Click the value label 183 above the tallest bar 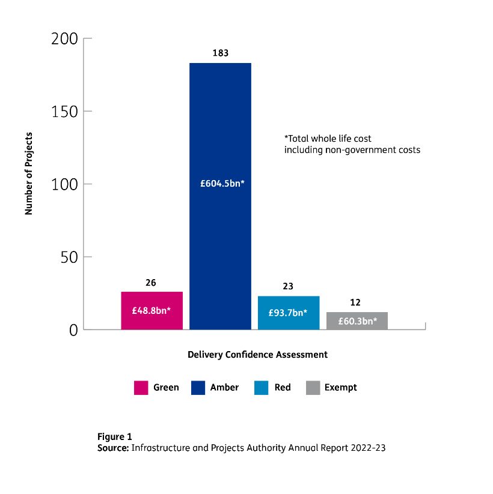click(x=220, y=53)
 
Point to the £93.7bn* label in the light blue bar click(x=288, y=313)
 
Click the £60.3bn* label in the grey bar click(x=357, y=321)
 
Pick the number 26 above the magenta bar click(x=152, y=282)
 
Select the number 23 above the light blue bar click(x=288, y=286)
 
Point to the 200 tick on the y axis click(x=65, y=39)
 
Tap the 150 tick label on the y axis click(x=65, y=112)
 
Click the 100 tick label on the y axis click(x=65, y=184)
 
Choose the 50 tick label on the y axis click(x=69, y=258)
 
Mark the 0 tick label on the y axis click(x=73, y=330)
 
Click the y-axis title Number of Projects click(x=28, y=173)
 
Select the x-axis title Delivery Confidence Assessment click(x=257, y=355)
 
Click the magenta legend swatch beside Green click(x=141, y=388)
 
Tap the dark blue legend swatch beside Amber click(x=197, y=388)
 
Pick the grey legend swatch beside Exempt click(x=312, y=388)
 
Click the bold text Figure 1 click(x=114, y=436)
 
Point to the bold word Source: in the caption click(x=113, y=448)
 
